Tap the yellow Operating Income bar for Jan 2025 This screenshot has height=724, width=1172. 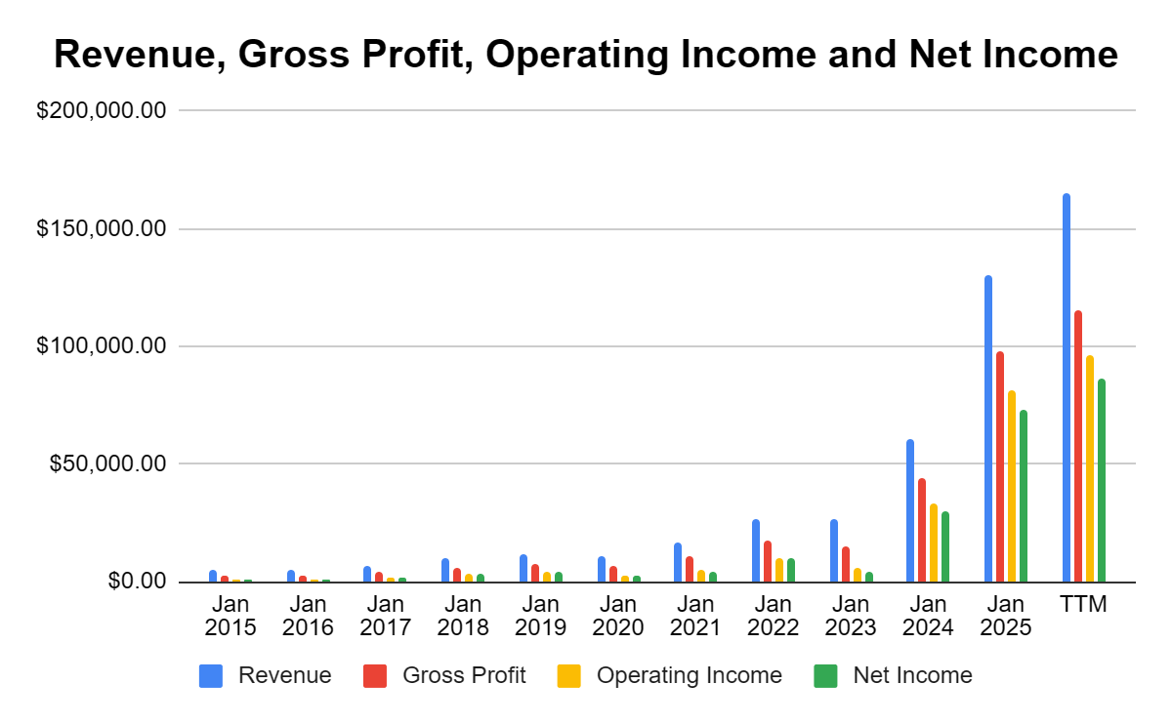(x=1012, y=487)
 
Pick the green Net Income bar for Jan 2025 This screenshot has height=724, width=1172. (x=1024, y=497)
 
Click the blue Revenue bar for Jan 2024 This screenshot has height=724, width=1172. (x=910, y=511)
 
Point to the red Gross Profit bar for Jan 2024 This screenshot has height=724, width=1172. (x=922, y=531)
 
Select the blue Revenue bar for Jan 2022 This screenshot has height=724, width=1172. (x=756, y=551)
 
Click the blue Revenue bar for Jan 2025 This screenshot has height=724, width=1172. (x=988, y=429)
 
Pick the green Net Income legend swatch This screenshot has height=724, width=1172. (x=825, y=675)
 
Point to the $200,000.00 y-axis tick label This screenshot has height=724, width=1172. (x=102, y=111)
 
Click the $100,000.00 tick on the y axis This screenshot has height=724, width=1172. (x=102, y=346)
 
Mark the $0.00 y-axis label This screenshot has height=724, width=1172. (x=138, y=582)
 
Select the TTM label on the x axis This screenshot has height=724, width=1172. (x=1084, y=604)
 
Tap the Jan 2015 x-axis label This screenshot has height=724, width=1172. (x=230, y=616)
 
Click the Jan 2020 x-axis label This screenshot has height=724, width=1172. (x=617, y=616)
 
